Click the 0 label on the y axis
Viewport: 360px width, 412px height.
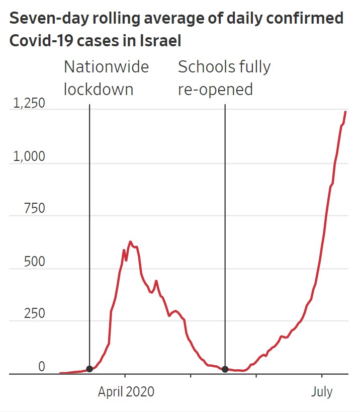coord(42,367)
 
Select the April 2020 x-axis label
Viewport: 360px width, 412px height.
coord(126,391)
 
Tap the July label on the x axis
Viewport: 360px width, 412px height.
coord(321,391)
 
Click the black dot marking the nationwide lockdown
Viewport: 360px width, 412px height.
coord(89,369)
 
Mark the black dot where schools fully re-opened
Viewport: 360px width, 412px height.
coord(225,369)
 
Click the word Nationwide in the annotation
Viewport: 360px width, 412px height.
coord(106,67)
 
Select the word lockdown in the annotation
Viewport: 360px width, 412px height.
coord(99,90)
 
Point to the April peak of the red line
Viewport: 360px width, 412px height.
coord(130,242)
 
